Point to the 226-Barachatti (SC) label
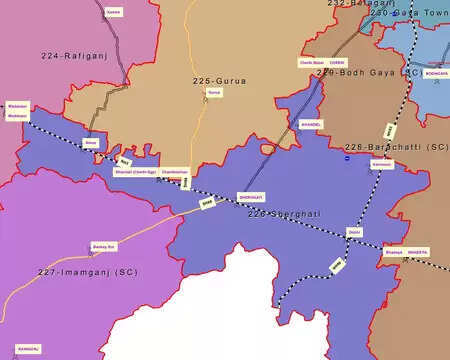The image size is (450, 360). click(396, 147)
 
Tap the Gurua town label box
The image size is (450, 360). click(213, 94)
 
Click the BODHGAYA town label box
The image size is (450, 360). click(436, 74)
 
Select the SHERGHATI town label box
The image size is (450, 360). click(249, 197)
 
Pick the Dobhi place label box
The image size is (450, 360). click(354, 232)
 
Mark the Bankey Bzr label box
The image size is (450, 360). click(105, 245)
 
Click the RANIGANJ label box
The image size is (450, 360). click(27, 349)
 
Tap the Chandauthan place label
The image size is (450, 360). click(174, 171)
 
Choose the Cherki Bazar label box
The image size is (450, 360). click(313, 62)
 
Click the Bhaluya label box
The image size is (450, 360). click(393, 253)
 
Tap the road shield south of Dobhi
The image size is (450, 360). click(337, 265)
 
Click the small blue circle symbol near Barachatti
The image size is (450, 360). click(346, 158)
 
